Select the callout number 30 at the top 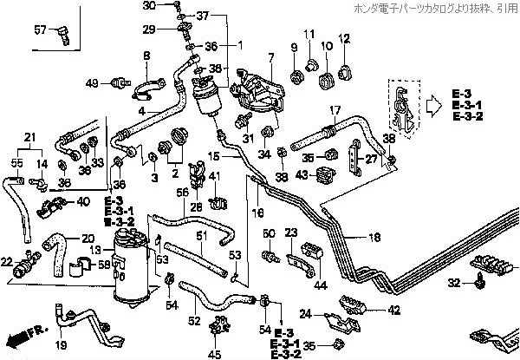click(148, 6)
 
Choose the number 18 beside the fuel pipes click(374, 237)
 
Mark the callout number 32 click(452, 283)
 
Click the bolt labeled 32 click(478, 279)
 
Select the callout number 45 click(216, 353)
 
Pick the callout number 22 click(7, 261)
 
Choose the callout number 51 click(200, 236)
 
